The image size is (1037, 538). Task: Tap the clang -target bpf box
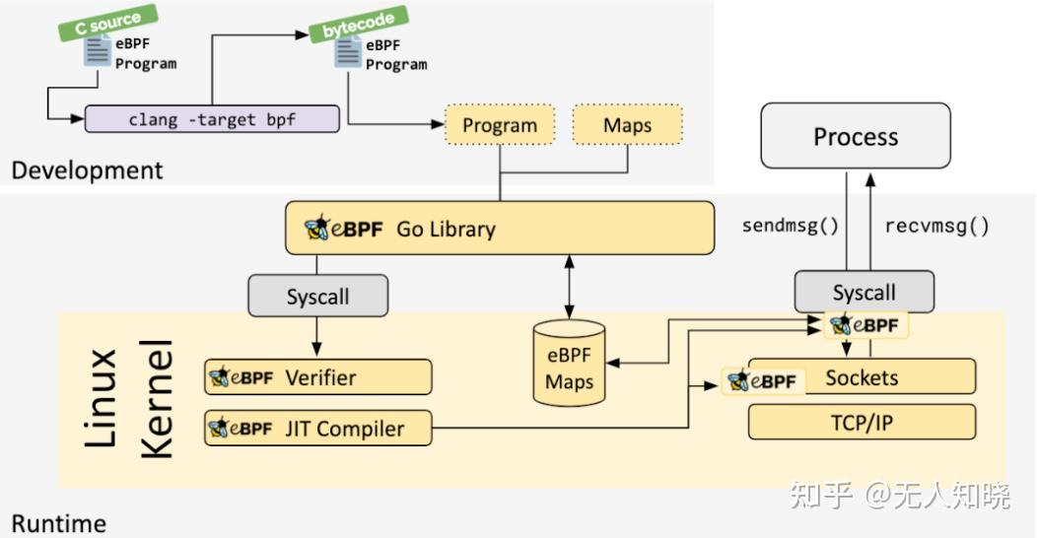pyautogui.click(x=212, y=120)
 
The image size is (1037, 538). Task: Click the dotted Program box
pyautogui.click(x=500, y=125)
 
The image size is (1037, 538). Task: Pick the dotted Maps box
pyautogui.click(x=627, y=125)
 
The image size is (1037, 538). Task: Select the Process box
pyautogui.click(x=855, y=137)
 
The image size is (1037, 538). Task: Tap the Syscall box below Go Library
pyautogui.click(x=317, y=296)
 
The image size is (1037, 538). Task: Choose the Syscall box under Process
pyautogui.click(x=864, y=293)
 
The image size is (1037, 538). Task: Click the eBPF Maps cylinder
pyautogui.click(x=569, y=363)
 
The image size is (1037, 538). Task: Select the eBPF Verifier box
pyautogui.click(x=318, y=376)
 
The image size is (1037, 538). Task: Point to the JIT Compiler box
pyautogui.click(x=318, y=429)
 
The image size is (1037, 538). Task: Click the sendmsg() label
pyautogui.click(x=790, y=225)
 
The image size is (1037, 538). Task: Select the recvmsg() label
pyautogui.click(x=936, y=225)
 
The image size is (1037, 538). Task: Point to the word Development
pyautogui.click(x=87, y=169)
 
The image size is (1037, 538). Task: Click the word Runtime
pyautogui.click(x=58, y=521)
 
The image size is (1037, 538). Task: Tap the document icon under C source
pyautogui.click(x=97, y=51)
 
